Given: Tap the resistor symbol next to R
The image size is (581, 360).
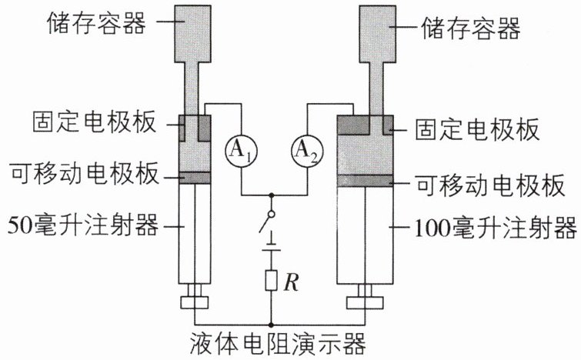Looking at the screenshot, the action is (x=271, y=280).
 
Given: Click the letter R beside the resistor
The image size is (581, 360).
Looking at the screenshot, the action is (x=291, y=282).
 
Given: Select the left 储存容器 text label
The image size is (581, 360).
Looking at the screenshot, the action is (x=96, y=22).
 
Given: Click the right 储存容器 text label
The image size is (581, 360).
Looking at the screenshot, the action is (x=471, y=28).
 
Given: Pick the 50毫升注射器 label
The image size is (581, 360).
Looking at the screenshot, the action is (x=83, y=225).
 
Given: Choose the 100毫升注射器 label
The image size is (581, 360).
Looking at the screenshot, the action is (x=496, y=227).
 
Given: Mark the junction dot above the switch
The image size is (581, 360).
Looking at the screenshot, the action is (x=272, y=195).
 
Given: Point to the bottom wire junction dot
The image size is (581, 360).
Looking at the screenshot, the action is (x=271, y=325).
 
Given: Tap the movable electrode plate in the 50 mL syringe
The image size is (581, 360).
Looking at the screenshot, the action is (x=195, y=178).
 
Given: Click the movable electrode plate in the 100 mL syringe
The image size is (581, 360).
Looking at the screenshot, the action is (x=366, y=180).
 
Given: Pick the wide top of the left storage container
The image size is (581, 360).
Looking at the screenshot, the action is (x=192, y=34).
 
